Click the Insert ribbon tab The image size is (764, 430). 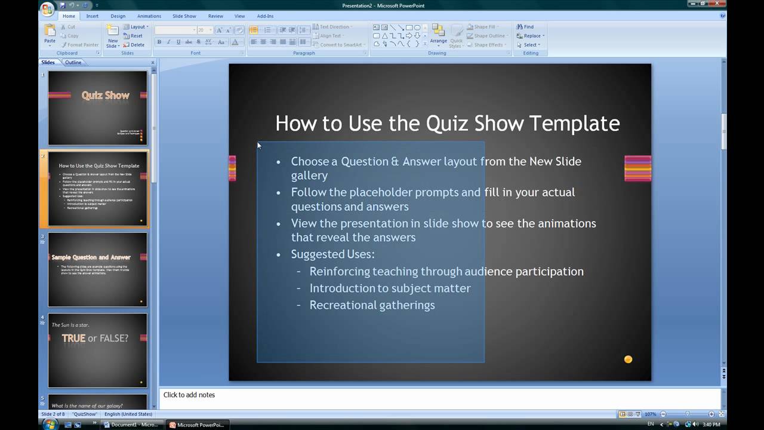point(93,16)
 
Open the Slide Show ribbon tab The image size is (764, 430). point(184,16)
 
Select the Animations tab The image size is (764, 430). point(149,16)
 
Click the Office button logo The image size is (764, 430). point(47,8)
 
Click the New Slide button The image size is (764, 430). point(112,37)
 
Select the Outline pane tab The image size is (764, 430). point(73,62)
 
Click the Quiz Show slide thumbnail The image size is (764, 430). point(98,107)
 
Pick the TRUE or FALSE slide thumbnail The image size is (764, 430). point(98,350)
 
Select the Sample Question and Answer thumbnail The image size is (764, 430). point(98,269)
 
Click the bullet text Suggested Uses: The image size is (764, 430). point(332,254)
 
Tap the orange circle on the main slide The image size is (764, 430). point(628,359)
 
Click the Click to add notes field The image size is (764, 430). point(189,395)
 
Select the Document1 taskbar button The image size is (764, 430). point(131,425)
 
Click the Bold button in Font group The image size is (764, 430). point(159,42)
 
